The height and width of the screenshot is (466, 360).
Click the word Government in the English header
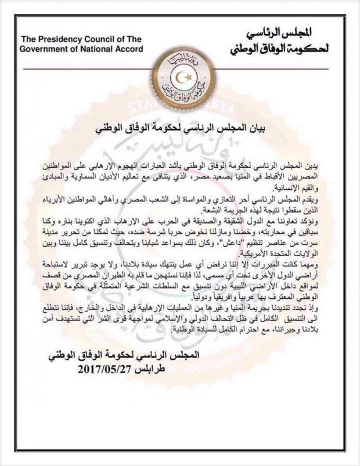click(41, 49)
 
